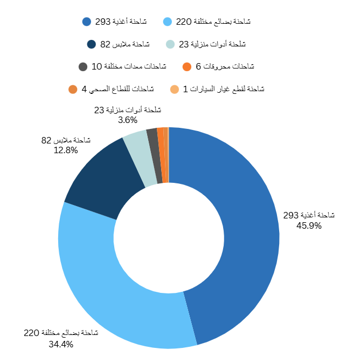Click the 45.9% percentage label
(309, 226)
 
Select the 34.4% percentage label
(60, 344)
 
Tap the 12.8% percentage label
(66, 150)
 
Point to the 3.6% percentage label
(128, 120)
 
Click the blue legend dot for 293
(87, 22)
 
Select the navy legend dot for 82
(91, 44)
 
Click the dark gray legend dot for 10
(83, 67)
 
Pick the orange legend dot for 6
(187, 67)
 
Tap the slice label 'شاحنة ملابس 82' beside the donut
(66, 141)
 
